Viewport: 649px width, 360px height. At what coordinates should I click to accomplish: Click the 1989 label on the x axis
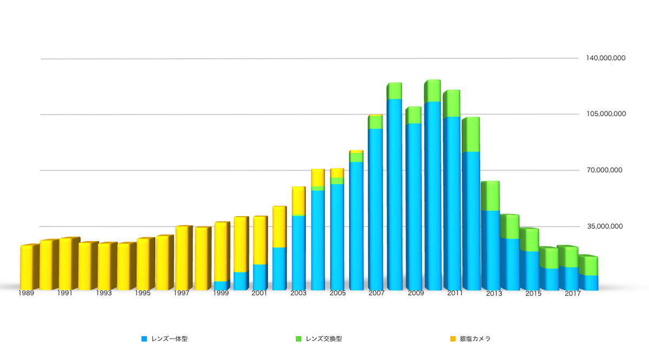26,294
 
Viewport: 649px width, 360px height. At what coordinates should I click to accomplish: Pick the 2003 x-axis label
298,294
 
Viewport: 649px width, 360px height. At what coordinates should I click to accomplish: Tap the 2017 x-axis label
572,294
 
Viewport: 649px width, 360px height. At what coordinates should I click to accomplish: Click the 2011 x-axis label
454,294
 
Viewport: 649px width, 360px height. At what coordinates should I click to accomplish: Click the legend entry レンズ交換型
323,339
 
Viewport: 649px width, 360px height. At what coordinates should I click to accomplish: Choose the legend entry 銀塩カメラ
475,339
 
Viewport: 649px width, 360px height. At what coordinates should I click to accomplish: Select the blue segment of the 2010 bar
431,195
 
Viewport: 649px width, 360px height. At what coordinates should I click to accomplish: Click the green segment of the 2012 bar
471,135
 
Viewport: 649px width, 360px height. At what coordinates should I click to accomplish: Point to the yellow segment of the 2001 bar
260,241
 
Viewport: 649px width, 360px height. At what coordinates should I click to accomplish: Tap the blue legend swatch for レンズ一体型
144,339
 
